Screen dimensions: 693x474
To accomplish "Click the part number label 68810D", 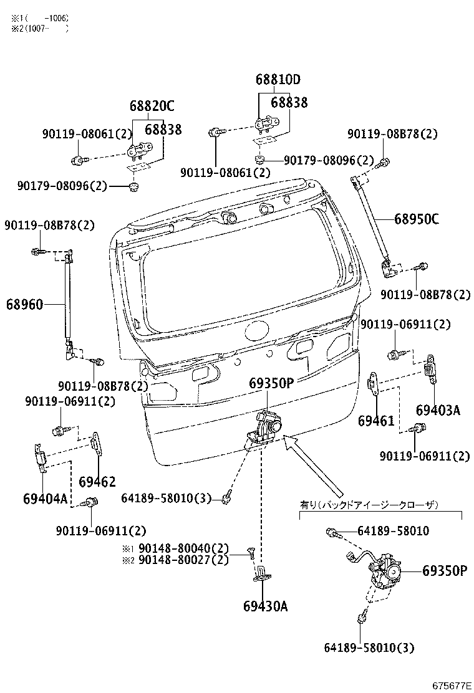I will click(x=278, y=80).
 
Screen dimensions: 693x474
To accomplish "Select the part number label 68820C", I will click(x=152, y=107).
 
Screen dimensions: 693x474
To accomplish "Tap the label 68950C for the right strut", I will click(x=416, y=219).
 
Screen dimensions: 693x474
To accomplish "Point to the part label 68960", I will click(x=25, y=304).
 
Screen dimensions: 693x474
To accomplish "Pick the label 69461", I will click(x=376, y=421).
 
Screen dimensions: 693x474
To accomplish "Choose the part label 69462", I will click(x=97, y=482).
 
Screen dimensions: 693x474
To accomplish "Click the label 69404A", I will click(x=45, y=499).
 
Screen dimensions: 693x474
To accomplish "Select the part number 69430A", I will click(x=266, y=606).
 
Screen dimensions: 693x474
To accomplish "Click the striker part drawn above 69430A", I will click(x=262, y=573).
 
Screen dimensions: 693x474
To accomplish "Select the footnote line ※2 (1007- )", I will click(x=39, y=27).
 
